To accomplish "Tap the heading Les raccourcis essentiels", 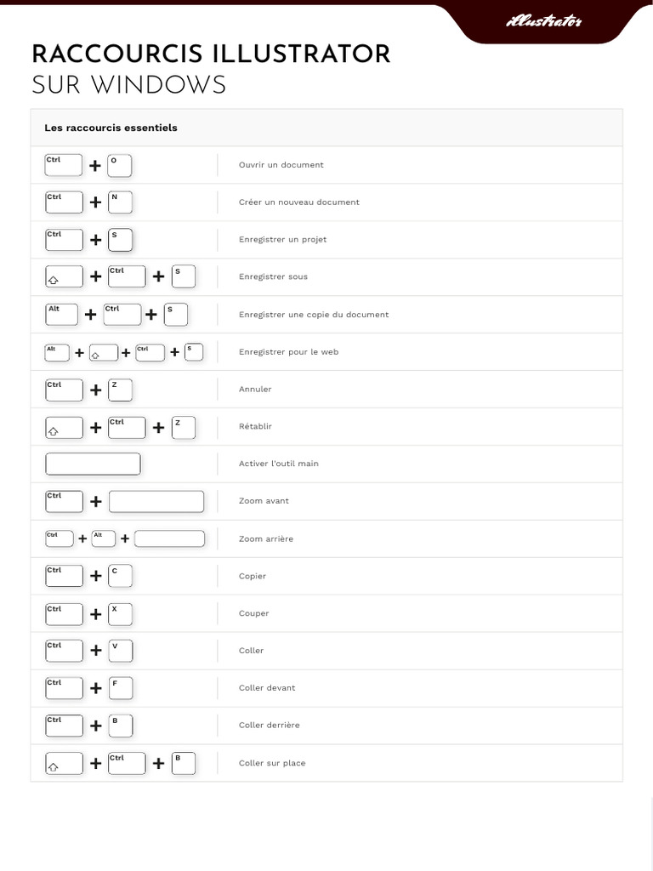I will [111, 128].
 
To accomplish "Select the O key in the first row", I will [120, 165].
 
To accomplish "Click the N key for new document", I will [121, 202].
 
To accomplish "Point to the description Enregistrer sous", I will [273, 276].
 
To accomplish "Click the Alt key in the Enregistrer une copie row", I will [61, 314].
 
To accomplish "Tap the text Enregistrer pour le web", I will [288, 351].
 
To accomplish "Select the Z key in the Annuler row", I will [121, 390].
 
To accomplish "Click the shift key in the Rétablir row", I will [64, 427].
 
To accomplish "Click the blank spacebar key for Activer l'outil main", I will [92, 464].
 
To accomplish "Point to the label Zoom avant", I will [264, 501].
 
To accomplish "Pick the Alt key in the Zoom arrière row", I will [103, 538].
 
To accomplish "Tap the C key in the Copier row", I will [121, 576].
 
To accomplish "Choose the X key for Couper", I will [121, 613].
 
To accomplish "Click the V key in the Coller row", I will [121, 651].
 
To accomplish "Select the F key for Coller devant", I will [121, 688].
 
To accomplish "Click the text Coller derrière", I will [269, 726].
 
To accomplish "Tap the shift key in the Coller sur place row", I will [64, 763].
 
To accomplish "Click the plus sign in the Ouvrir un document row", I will [95, 166].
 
